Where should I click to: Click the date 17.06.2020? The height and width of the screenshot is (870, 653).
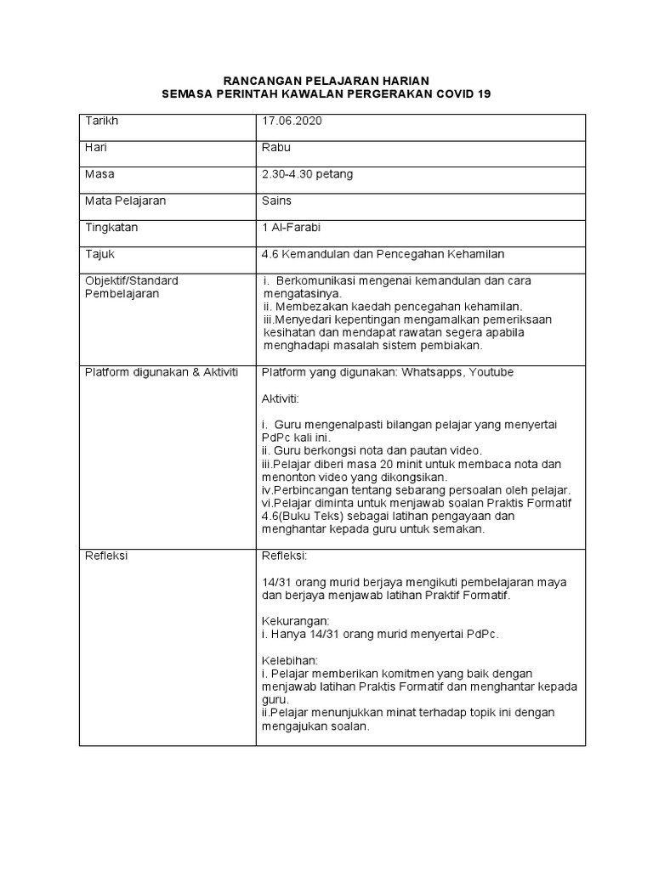click(292, 121)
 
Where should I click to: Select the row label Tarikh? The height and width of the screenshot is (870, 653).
click(102, 121)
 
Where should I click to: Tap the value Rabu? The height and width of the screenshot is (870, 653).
click(276, 148)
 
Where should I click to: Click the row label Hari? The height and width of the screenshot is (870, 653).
click(95, 148)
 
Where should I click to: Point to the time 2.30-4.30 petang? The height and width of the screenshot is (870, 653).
click(308, 174)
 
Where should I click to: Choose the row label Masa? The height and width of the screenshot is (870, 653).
click(99, 174)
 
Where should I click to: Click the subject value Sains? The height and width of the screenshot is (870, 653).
click(277, 201)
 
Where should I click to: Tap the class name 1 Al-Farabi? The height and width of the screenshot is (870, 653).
click(292, 228)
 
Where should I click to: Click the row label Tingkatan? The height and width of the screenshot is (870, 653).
click(111, 228)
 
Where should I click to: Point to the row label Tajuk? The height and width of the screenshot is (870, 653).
click(99, 254)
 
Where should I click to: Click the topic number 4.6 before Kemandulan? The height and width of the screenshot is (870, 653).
click(270, 254)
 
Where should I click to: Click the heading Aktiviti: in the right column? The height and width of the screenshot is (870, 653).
click(281, 398)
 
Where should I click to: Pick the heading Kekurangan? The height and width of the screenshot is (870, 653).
click(295, 621)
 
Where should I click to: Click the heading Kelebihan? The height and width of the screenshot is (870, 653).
click(290, 660)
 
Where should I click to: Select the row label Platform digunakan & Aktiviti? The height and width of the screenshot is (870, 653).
click(162, 373)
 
